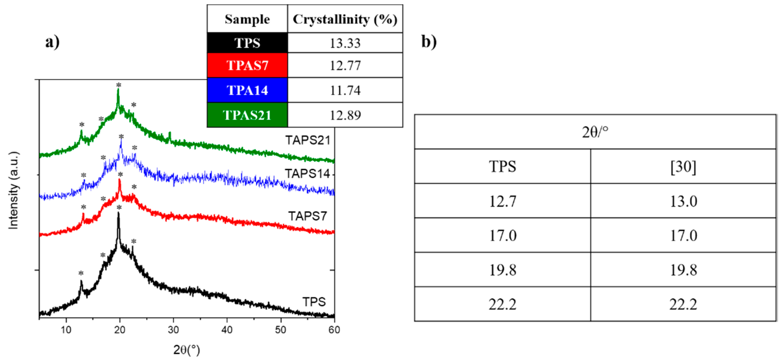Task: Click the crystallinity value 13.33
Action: tap(345, 43)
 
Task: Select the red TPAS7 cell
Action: tap(247, 65)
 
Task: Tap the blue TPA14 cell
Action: tap(247, 90)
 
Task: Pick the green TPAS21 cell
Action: tap(247, 115)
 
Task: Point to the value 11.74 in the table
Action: tap(345, 91)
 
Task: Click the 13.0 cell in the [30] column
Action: tap(683, 201)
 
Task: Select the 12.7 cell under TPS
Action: tap(502, 201)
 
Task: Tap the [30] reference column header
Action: tap(683, 167)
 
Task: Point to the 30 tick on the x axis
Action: tap(173, 330)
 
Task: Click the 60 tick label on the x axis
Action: tap(334, 330)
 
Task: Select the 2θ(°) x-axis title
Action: tap(187, 350)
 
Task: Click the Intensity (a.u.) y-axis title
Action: tap(13, 190)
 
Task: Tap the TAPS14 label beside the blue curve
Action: tap(307, 174)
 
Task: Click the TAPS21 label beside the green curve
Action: tap(308, 140)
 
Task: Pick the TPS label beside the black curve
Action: tap(314, 302)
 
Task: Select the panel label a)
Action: tap(52, 42)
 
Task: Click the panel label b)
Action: tap(429, 42)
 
